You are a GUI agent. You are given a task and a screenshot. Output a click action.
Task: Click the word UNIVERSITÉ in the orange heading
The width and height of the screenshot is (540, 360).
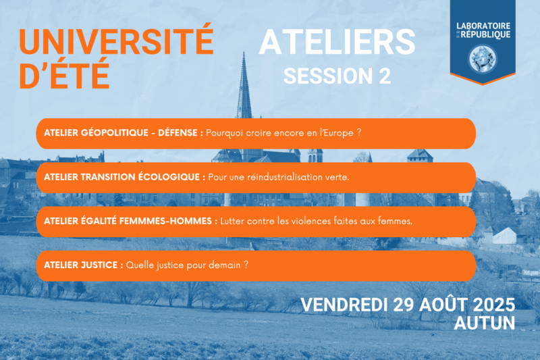pos(116,39)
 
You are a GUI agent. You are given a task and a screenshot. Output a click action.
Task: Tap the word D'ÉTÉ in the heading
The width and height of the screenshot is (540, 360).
pos(64,74)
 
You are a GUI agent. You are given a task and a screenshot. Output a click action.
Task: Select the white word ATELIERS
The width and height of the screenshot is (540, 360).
pos(337,42)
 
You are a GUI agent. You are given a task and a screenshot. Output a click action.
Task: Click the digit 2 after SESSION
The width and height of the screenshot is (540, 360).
pos(385,76)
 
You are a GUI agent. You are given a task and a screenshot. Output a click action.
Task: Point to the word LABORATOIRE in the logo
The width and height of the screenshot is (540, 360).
pos(483,26)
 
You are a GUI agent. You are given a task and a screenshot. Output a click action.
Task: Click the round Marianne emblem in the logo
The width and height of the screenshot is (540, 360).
pos(483,59)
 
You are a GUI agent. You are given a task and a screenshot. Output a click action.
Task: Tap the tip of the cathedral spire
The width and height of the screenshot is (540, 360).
pos(244,52)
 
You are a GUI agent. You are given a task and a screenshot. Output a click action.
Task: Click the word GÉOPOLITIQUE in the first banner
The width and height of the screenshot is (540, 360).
pos(115,132)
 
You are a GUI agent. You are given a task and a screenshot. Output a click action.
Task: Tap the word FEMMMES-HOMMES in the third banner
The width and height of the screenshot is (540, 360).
pos(165,221)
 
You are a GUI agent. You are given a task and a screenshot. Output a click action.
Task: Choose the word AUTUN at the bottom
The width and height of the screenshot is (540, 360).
pos(485,323)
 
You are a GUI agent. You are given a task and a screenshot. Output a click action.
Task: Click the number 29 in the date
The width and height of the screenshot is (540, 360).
pos(404,305)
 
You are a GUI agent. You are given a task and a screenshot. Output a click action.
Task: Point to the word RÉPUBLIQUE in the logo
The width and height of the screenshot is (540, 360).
pos(485,34)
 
